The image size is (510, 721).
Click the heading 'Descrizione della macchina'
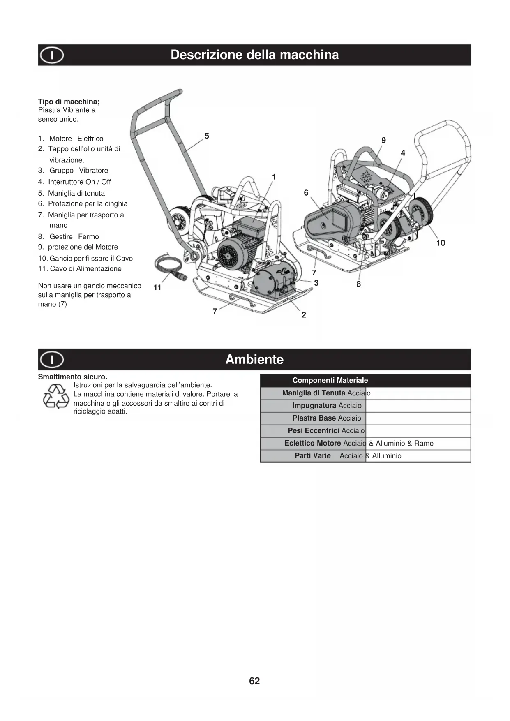(x=254, y=55)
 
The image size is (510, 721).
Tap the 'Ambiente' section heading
(x=254, y=359)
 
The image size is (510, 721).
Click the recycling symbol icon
(x=56, y=396)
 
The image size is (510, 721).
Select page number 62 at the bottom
(x=254, y=681)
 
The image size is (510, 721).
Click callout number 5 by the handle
(x=207, y=136)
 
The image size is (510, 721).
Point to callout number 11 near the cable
(x=157, y=288)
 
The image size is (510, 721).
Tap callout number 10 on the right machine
(x=441, y=243)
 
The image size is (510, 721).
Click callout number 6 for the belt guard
(x=306, y=193)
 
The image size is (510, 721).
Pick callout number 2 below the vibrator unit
(x=304, y=315)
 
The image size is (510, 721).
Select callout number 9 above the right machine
(x=383, y=141)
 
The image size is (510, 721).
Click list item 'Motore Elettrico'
(x=76, y=139)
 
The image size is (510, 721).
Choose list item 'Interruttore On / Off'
(x=79, y=182)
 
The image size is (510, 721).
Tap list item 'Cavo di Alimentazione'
(x=85, y=269)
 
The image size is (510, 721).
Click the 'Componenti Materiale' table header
(x=330, y=381)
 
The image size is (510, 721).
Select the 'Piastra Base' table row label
(x=314, y=418)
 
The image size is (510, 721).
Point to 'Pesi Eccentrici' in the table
(x=313, y=431)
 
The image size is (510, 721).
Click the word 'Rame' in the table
(x=424, y=444)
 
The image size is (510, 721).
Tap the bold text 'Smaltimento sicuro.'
(x=72, y=377)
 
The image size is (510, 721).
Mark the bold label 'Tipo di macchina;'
(x=69, y=102)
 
